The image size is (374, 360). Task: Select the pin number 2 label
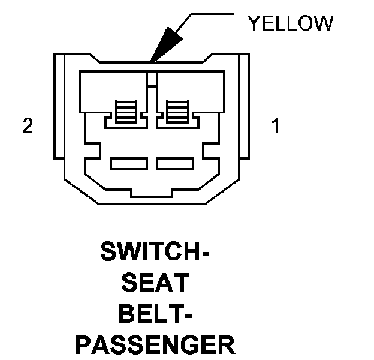pos(27,127)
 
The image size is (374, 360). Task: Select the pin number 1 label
pos(275,127)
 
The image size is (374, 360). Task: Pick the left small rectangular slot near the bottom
pos(129,163)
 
